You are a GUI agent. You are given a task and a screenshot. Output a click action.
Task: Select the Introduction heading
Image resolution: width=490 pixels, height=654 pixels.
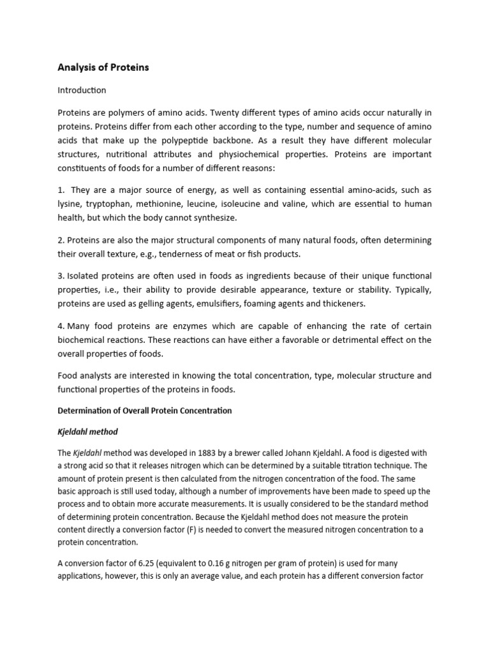(82, 90)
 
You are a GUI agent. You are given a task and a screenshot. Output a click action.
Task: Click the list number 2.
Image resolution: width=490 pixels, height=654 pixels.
(61, 240)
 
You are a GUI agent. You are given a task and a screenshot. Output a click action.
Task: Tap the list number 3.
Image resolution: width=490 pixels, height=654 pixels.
(61, 276)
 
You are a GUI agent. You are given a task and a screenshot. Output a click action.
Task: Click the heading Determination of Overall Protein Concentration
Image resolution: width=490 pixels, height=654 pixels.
(145, 410)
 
